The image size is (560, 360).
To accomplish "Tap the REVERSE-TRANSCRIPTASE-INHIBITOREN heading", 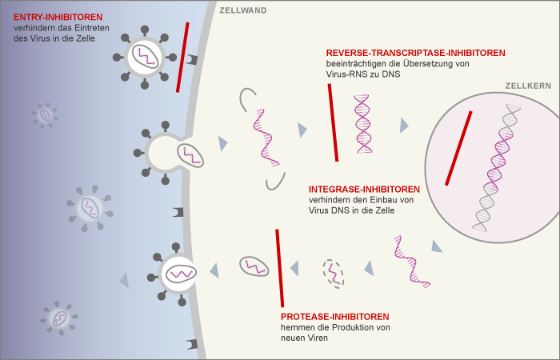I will coord(415,53).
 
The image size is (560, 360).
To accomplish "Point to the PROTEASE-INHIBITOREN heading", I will coord(335,316).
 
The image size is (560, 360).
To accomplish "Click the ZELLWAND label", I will coord(243,10).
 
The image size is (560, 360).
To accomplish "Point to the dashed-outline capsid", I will coord(333,273).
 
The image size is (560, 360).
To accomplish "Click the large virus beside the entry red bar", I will coord(146,56).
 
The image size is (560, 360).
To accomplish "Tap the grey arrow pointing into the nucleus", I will coord(405,125).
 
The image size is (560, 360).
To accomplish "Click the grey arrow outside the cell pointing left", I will coord(123,279).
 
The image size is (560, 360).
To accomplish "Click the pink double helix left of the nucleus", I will coord(364,123).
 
